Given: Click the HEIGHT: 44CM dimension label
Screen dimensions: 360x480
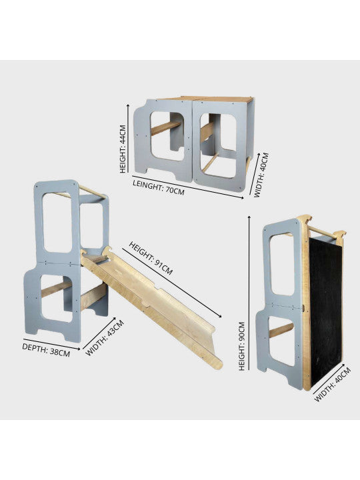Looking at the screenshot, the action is point(123,149).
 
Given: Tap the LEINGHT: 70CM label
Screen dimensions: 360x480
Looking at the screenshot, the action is point(159,187).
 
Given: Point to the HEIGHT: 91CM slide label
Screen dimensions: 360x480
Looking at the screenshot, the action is point(151,258).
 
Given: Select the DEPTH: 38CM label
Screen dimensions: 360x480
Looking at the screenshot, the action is point(46,350).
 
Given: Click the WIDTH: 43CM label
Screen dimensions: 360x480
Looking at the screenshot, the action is point(105,337).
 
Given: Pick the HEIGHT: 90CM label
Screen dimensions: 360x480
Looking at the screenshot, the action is point(242,346).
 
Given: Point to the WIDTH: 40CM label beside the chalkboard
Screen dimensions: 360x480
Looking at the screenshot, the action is point(333,385).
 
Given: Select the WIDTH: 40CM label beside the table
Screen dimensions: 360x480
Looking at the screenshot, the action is point(261,175).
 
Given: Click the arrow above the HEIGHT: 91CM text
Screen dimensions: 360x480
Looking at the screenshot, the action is point(172,283).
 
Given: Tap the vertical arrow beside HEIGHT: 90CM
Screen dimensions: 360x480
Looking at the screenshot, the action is point(249,293).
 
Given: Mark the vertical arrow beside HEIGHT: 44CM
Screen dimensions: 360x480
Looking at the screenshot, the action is point(128,139).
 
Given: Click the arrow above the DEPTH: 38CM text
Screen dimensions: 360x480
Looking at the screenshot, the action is point(52,344).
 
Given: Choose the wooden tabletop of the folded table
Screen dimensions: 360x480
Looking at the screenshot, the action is point(206,99).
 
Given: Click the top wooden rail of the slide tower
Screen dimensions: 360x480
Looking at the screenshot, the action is point(93,192).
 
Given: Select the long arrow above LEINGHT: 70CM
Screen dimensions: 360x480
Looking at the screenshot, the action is point(188,187).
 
